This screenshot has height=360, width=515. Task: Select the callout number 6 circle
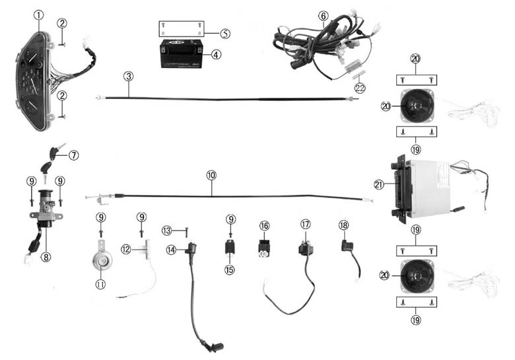tap(323, 15)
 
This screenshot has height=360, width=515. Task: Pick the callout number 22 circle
tap(359, 88)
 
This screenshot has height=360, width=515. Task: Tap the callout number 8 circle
tap(46, 258)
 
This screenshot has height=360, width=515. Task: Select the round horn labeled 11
tap(101, 262)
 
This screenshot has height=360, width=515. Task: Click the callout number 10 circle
tap(211, 176)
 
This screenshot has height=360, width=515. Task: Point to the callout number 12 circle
tap(127, 249)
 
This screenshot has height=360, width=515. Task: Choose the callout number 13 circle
tap(167, 230)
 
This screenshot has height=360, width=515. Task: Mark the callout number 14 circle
tap(171, 249)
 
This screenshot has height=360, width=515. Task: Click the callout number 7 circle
tap(73, 155)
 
